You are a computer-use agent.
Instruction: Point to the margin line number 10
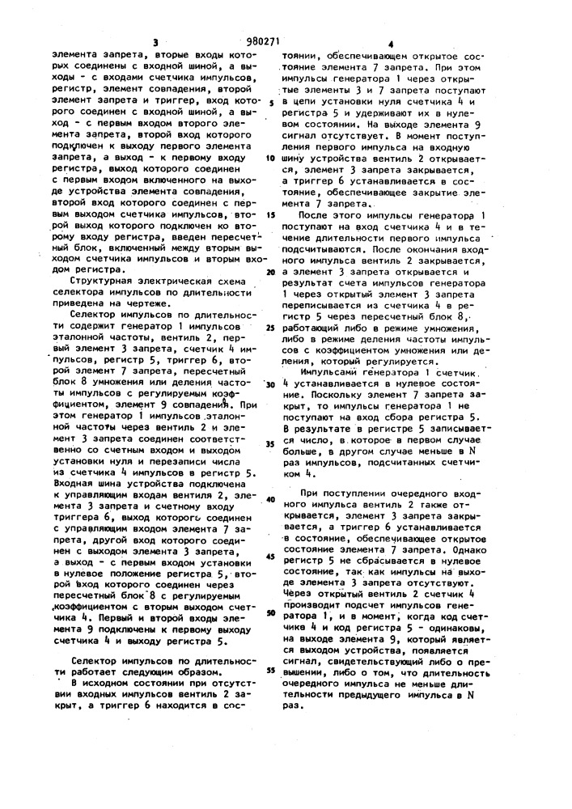[270, 158]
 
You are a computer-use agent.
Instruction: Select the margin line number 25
[270, 328]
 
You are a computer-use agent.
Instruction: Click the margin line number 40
[270, 499]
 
